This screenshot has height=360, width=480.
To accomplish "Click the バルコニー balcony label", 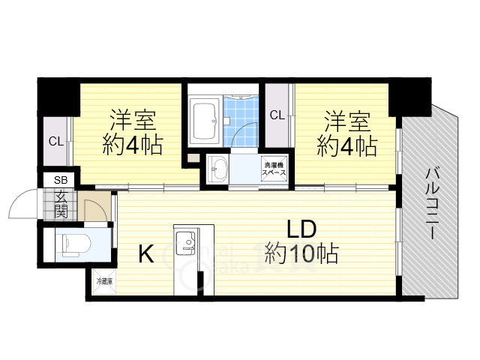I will [433, 202].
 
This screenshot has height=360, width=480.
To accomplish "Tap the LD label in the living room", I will [301, 229].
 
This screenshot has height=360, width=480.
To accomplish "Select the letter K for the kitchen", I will [145, 255].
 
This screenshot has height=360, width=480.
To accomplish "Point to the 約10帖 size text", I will [301, 253].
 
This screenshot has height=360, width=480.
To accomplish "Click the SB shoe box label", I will [60, 181].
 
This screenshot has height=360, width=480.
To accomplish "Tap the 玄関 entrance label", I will [60, 203].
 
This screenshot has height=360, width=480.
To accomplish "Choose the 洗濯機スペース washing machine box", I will [273, 169].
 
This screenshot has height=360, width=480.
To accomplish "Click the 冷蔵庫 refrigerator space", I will [103, 282].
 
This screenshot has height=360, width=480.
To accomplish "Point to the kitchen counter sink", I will [184, 243].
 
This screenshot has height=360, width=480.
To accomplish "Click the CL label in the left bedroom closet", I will [56, 140].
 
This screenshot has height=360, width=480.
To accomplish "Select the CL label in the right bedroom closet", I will [277, 115].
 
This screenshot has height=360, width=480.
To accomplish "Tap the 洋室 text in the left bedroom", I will [133, 120].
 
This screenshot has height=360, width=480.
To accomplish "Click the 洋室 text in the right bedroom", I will [346, 120].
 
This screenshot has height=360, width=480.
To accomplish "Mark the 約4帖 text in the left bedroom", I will [133, 145].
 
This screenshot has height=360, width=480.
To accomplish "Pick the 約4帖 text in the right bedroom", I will [346, 145].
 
